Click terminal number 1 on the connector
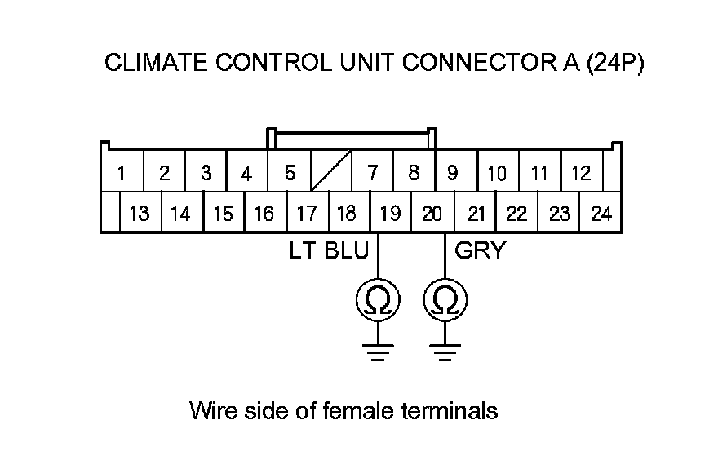[121, 173]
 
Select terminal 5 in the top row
[290, 173]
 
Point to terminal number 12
[581, 173]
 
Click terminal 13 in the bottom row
[140, 214]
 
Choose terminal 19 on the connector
[390, 214]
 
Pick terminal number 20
[432, 214]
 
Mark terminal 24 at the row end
[601, 214]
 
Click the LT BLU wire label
[329, 250]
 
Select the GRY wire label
[480, 250]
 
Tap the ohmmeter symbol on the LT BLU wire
[378, 302]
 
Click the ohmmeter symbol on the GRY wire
[445, 302]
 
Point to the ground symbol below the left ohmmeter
[378, 351]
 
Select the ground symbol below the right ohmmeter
[445, 351]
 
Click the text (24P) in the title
[615, 64]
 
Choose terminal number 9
[453, 173]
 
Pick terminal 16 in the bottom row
[264, 214]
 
